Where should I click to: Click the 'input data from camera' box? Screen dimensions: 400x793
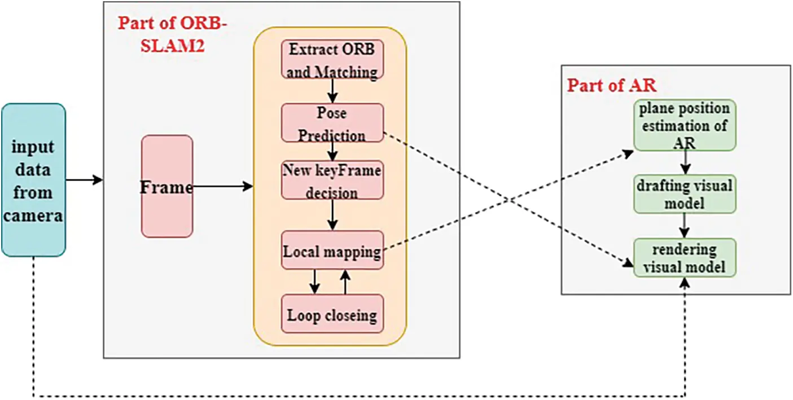coord(33,179)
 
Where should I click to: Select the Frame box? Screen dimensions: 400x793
coord(167,186)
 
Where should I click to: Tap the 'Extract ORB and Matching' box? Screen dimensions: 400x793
coord(332,59)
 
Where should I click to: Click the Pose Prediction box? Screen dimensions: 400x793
coord(332,123)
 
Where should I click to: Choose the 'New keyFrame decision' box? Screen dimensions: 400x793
coord(332,181)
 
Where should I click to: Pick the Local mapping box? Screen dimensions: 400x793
coord(332,250)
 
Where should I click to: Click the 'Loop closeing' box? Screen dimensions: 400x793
coord(332,314)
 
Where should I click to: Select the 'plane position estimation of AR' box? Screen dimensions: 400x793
coord(685,125)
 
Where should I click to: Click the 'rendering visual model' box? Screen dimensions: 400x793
coord(685,258)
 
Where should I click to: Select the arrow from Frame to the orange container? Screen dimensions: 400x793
coord(223,186)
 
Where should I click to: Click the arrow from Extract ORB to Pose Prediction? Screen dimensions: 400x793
coord(332,90)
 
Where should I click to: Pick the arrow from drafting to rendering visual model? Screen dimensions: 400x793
coord(685,225)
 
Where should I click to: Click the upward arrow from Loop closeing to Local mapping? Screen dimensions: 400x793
coord(345,282)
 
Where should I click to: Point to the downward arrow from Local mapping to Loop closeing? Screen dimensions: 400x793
coord(314,282)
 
